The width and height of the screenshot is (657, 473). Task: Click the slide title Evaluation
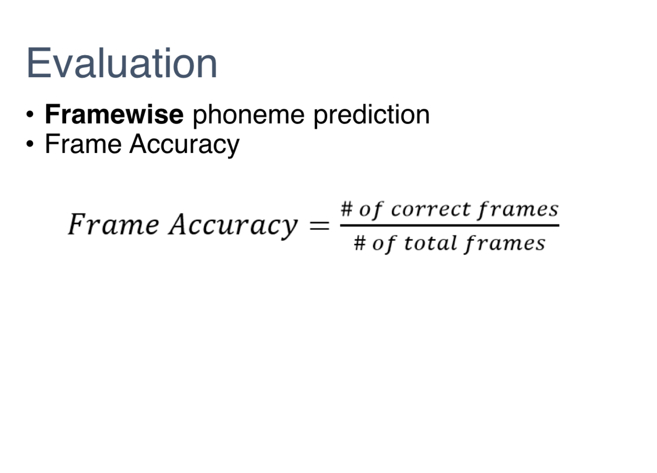(x=122, y=63)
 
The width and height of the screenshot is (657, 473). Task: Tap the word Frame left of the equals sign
(x=113, y=225)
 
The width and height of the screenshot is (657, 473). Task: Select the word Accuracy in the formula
(x=233, y=225)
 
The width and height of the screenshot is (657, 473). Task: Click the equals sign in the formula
(x=319, y=226)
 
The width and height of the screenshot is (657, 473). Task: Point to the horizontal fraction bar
(x=450, y=226)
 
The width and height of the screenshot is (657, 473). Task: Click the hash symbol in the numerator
(x=346, y=209)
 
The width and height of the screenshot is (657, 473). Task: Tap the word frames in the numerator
(x=517, y=209)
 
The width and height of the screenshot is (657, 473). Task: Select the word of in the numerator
(x=371, y=210)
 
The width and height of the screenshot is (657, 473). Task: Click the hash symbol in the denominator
(x=359, y=243)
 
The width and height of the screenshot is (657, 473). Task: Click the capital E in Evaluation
(x=37, y=63)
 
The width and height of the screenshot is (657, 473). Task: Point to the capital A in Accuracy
(x=179, y=224)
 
